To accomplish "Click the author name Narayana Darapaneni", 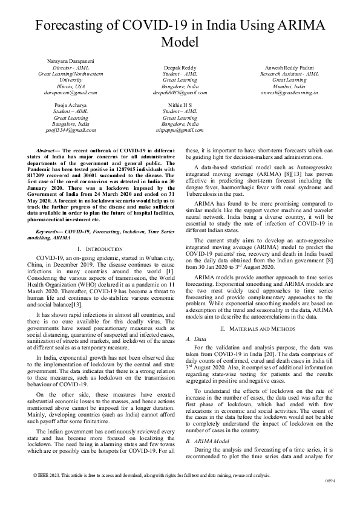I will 67,62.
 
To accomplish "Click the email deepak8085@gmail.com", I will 180,92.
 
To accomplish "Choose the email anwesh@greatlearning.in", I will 293,92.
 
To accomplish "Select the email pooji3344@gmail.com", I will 67,130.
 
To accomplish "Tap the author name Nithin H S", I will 180,105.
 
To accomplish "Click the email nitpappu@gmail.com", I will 180,130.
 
